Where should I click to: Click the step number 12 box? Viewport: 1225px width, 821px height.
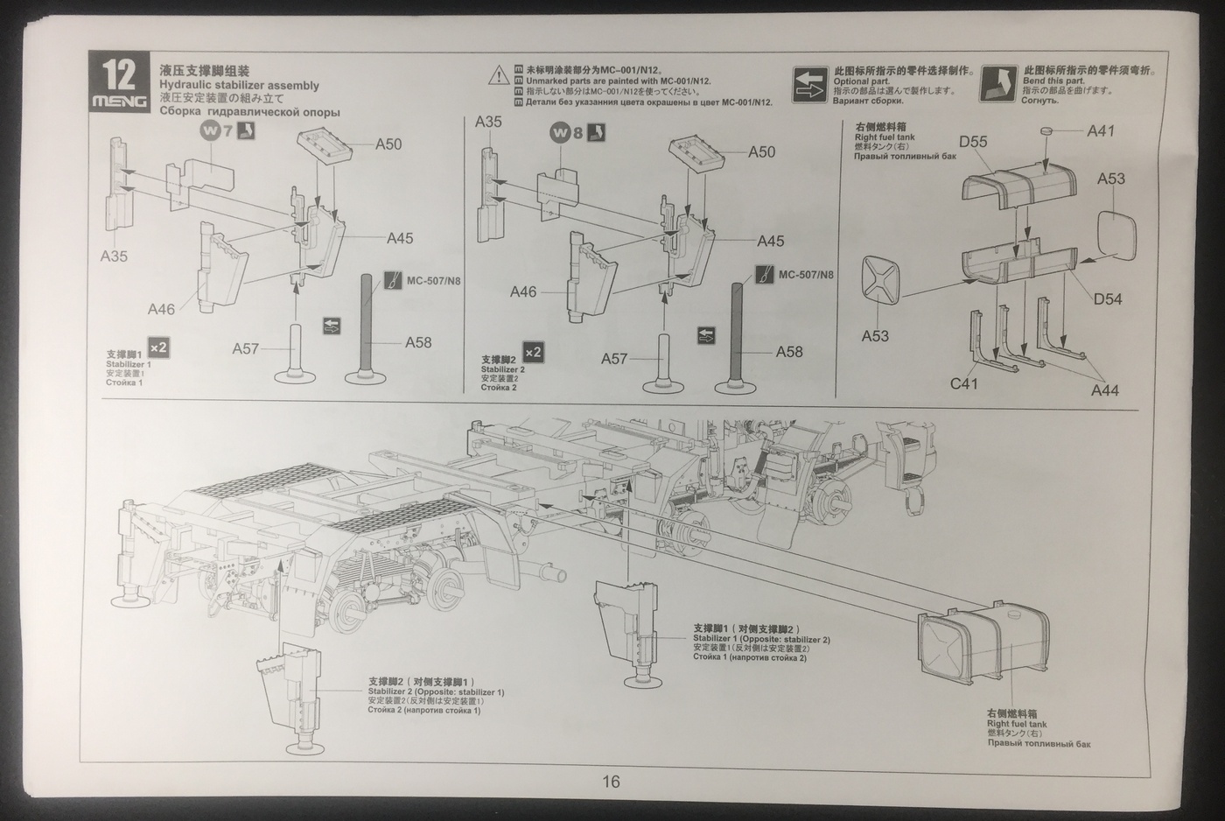pos(119,74)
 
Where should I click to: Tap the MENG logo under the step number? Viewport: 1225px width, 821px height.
pos(119,102)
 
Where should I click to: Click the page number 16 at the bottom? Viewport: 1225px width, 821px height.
pos(611,782)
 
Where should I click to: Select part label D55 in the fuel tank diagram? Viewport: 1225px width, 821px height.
pos(972,142)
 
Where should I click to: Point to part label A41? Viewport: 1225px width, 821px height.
pos(1101,130)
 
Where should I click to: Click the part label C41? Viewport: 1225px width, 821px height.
pos(964,383)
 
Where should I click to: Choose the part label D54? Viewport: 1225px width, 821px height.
pos(1107,299)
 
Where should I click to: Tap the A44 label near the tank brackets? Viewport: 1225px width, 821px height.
pos(1104,390)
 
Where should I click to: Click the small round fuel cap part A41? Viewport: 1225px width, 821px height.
pos(1046,130)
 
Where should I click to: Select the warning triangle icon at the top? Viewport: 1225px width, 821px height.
pos(499,74)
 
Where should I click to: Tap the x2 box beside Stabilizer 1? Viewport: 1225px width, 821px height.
pos(158,347)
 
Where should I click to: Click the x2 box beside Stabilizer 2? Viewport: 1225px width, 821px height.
pos(533,352)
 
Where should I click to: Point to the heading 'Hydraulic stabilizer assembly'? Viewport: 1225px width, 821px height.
pos(239,86)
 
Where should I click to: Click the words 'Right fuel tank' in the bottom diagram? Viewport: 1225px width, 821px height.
pos(1016,724)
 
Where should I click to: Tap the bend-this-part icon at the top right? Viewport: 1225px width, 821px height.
pos(998,83)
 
